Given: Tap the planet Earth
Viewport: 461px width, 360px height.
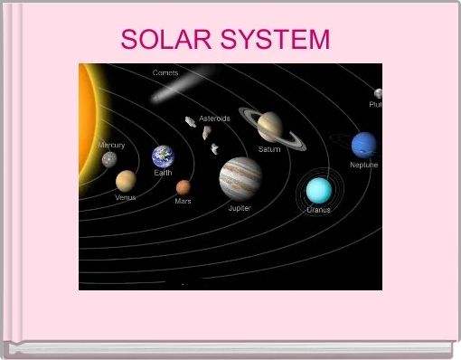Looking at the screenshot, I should coord(164,156).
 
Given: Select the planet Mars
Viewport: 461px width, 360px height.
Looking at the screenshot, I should coord(183,187).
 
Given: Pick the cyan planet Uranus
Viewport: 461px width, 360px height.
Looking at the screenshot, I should coord(318,190).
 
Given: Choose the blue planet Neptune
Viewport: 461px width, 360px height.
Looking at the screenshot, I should coord(363,144).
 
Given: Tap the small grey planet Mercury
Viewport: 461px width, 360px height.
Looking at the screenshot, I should coord(109,160).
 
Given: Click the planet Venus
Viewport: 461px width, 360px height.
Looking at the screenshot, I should coord(126,180).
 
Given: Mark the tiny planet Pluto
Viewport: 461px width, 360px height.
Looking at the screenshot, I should coord(379,93).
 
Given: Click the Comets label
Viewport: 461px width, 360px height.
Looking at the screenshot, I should coord(165,72).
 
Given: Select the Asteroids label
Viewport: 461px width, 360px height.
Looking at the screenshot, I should coord(214,118).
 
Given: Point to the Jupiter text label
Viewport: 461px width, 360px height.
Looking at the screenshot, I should coord(240,208).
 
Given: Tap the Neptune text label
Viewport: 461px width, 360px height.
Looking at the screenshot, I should coord(364,165).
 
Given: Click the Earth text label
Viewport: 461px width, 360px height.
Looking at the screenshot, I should coord(164,172).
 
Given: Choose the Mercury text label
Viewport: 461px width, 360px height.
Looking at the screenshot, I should coord(111,145).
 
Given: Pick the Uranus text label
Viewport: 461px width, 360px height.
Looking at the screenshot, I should coord(318,210).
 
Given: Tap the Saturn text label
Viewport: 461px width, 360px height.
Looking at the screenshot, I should coord(269,149).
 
